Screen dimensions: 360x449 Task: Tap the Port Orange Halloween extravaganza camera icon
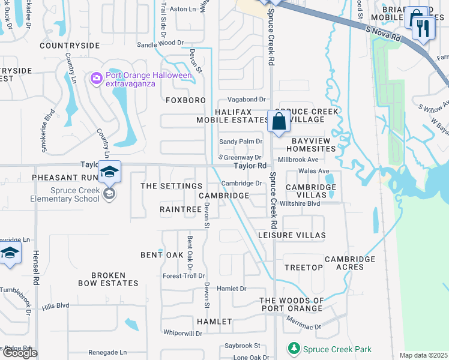[x=95, y=79]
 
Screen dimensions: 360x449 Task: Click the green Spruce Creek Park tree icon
[x=294, y=349]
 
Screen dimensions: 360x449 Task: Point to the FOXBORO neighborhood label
[x=186, y=100]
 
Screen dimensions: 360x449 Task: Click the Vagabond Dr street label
[x=246, y=99]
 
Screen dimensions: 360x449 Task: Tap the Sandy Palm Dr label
[x=241, y=142]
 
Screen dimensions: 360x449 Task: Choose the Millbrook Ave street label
[x=298, y=160]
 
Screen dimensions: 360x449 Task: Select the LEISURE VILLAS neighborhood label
[x=292, y=236]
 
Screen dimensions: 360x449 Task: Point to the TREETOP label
[x=304, y=267]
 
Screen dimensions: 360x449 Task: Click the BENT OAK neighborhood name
[x=161, y=255]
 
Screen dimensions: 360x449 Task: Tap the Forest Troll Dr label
[x=184, y=276]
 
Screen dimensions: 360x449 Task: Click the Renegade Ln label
[x=107, y=352]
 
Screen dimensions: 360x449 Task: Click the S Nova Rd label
[x=383, y=33]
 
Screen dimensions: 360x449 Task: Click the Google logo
[x=20, y=353]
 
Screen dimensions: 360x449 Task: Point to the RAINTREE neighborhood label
[x=180, y=209]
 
